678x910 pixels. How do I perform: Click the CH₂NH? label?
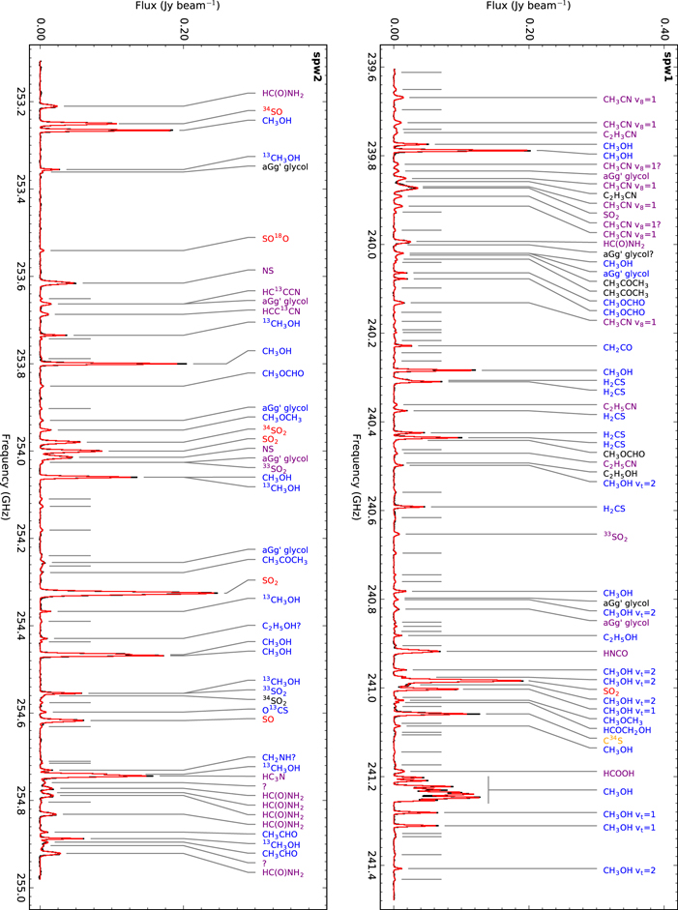pos(280,757)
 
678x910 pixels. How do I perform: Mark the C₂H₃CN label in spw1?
pos(619,194)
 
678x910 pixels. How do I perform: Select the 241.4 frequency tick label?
pos(373,870)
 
